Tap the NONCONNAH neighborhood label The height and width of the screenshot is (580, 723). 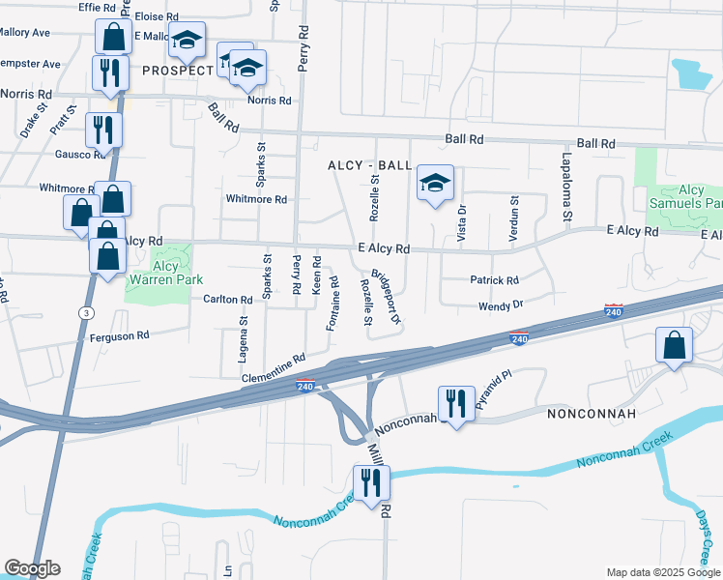click(x=592, y=414)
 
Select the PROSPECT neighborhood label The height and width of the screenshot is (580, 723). click(x=178, y=72)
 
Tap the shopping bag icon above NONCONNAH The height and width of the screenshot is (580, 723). click(x=674, y=345)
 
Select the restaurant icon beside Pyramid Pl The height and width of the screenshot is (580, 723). click(x=456, y=402)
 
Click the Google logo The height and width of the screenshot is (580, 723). click(x=32, y=568)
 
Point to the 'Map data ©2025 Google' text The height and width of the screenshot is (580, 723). click(x=662, y=572)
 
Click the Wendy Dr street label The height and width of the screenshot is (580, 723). click(x=501, y=305)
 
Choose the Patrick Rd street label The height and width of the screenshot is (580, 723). click(x=495, y=280)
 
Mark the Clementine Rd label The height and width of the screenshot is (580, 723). click(x=274, y=365)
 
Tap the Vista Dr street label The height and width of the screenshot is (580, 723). click(x=461, y=222)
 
